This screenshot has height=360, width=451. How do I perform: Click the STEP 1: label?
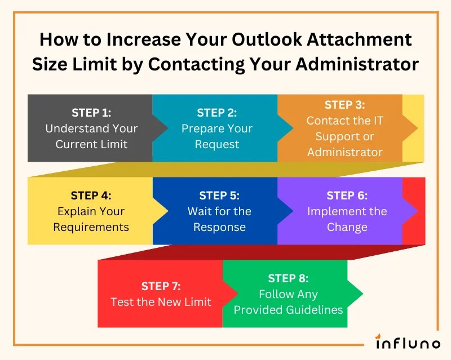[x=91, y=112]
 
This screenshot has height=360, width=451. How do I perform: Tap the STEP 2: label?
[x=217, y=113]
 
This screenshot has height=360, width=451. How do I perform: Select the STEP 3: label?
[x=344, y=105]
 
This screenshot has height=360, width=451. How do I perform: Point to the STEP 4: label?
[x=91, y=195]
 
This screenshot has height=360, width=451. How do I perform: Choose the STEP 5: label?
[x=219, y=195]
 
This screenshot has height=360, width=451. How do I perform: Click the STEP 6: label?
[x=347, y=195]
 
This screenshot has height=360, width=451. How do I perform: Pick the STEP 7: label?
[x=161, y=286]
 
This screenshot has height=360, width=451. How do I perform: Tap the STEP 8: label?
[x=288, y=278]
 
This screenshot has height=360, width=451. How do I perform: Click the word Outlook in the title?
[x=242, y=41]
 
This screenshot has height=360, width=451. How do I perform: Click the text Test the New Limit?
[x=161, y=302]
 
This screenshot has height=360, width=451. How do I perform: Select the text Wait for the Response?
[x=219, y=220]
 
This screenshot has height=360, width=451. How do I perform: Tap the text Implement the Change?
[x=347, y=220]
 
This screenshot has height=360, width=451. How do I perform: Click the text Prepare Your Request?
[x=217, y=136]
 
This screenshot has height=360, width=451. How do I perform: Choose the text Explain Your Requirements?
[x=91, y=220]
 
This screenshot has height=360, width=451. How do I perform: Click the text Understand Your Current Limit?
[x=91, y=136]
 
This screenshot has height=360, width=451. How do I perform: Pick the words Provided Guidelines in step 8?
[x=288, y=310]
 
